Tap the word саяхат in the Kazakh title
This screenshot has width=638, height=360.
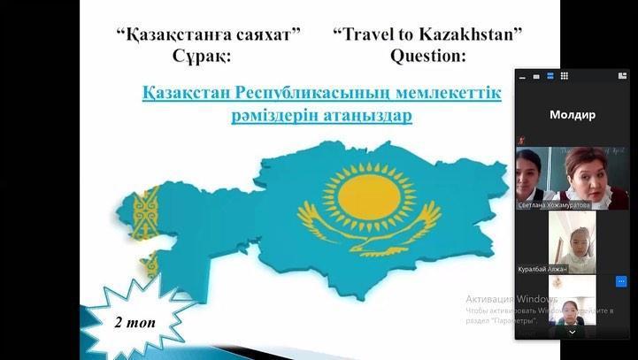(266, 35)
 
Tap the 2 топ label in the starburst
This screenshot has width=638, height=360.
(135, 321)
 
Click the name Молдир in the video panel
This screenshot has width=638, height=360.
(572, 114)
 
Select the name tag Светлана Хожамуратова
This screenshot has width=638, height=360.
(565, 204)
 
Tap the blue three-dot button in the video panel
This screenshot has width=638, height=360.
(621, 281)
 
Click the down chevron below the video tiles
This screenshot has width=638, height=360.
(572, 333)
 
